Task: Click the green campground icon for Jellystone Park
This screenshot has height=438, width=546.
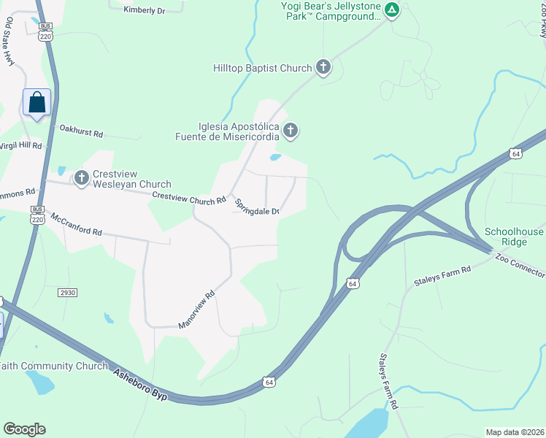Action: click(x=392, y=10)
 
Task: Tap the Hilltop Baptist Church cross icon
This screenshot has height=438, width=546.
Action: click(x=323, y=68)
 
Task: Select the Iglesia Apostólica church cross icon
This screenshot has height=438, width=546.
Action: click(x=291, y=131)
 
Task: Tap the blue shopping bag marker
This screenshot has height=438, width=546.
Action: click(x=36, y=103)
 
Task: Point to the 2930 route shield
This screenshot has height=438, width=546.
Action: click(x=67, y=292)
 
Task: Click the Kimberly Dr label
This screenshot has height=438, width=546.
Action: click(x=145, y=9)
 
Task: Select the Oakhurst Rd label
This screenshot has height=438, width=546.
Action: click(x=82, y=131)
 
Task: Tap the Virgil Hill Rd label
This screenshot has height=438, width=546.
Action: click(x=20, y=145)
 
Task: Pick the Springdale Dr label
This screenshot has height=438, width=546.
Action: click(x=257, y=207)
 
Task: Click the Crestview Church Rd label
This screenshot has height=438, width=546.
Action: click(x=188, y=197)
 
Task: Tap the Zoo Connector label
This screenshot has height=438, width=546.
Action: click(x=519, y=264)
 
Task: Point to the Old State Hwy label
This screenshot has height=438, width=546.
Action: click(x=9, y=43)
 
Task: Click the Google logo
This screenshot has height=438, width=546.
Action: click(x=24, y=429)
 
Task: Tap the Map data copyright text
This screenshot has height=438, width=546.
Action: click(x=515, y=431)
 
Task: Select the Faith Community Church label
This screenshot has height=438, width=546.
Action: click(x=54, y=366)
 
